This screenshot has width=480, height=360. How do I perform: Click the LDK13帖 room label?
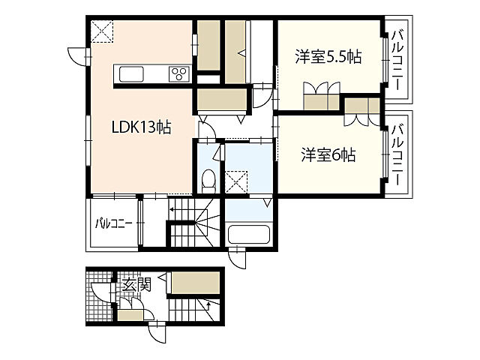tap(141, 127)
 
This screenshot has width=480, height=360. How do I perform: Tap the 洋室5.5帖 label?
tap(328, 57)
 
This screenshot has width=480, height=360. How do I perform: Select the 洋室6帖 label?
tap(328, 154)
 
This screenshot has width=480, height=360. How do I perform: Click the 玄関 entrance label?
tap(136, 285)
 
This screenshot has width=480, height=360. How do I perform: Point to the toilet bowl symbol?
tap(209, 181)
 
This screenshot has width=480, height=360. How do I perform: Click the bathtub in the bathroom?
tap(249, 234)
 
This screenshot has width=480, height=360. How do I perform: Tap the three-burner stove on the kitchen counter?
tap(179, 73)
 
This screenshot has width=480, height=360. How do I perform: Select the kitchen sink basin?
tap(131, 73)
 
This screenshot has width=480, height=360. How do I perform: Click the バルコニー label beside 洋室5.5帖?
tap(397, 60)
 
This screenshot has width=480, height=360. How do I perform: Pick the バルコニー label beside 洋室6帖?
tap(397, 154)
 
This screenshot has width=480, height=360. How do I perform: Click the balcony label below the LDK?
tap(113, 223)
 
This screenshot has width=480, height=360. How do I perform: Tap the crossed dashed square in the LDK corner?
tap(102, 31)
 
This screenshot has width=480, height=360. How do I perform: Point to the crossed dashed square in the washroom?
tap(236, 181)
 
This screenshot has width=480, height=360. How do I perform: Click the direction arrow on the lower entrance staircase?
tap(208, 305)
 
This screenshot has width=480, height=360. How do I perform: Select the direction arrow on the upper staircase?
tap(172, 210)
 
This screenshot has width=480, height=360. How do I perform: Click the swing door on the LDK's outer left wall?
tap(78, 57)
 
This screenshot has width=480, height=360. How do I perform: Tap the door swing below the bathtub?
tap(238, 258)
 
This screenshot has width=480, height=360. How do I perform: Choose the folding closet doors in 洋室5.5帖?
tap(322, 88)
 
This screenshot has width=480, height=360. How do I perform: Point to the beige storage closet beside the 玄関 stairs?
tap(195, 283)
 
